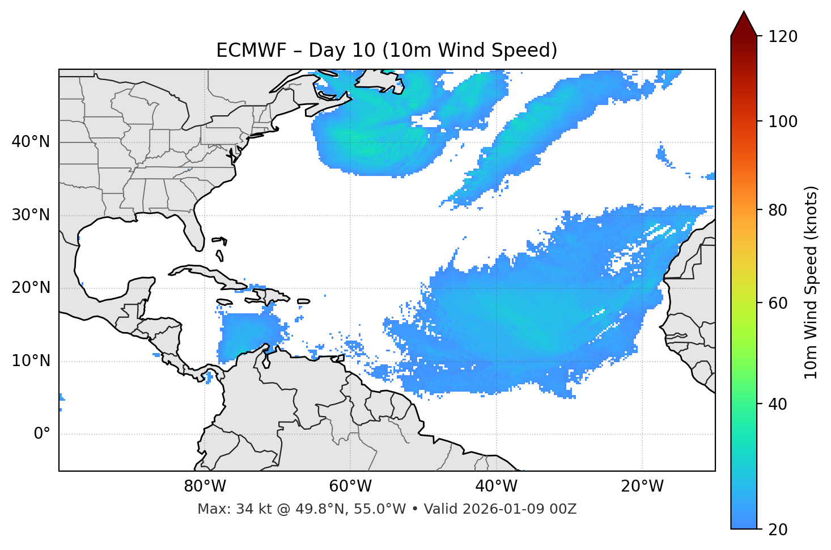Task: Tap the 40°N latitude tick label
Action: [x=31, y=142]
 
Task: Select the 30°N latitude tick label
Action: [x=31, y=215]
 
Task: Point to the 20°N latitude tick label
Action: [x=31, y=288]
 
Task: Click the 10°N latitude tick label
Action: [x=31, y=361]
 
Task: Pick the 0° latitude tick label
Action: [x=41, y=434]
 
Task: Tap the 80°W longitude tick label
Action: [x=205, y=486]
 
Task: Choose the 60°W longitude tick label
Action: [x=350, y=486]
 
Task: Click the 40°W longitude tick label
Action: [x=496, y=486]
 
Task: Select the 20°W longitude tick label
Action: [x=642, y=486]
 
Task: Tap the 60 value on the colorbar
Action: [x=778, y=303]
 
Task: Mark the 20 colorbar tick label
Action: [x=778, y=530]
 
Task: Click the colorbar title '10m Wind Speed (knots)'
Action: [x=811, y=282]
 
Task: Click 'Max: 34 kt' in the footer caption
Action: [x=224, y=509]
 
